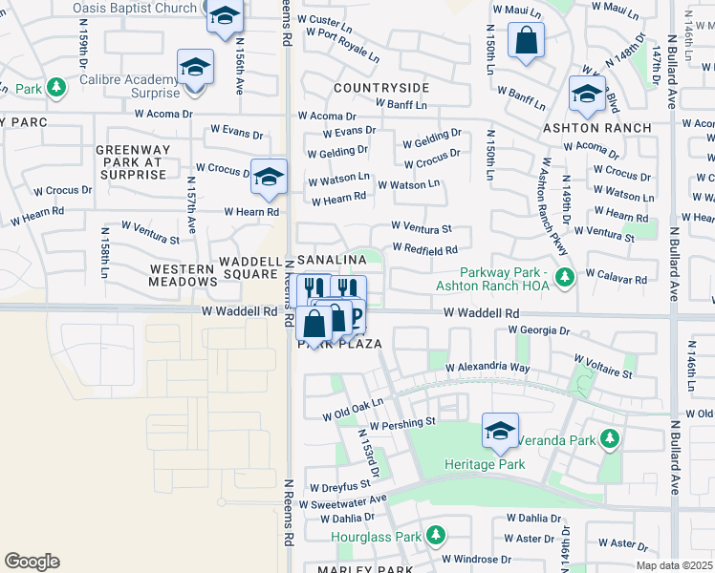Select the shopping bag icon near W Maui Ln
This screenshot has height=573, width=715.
[526, 41]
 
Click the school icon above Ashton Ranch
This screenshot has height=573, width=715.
[586, 94]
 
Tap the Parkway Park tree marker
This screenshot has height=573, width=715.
[566, 277]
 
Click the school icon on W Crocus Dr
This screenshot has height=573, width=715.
[269, 176]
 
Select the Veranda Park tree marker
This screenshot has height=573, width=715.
[610, 440]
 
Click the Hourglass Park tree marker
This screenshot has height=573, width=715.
[436, 534]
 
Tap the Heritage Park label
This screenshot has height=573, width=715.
[485, 464]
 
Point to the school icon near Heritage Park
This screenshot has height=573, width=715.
[500, 431]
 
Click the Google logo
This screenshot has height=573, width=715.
[32, 562]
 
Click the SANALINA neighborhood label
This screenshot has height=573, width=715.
[332, 260]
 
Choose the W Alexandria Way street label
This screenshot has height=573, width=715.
[491, 367]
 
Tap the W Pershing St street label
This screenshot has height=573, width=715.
[401, 421]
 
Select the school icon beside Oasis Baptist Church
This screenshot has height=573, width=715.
[225, 17]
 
